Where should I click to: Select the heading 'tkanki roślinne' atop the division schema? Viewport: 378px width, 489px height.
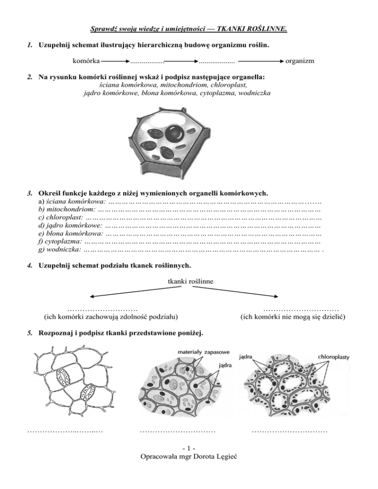pos(189,282)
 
